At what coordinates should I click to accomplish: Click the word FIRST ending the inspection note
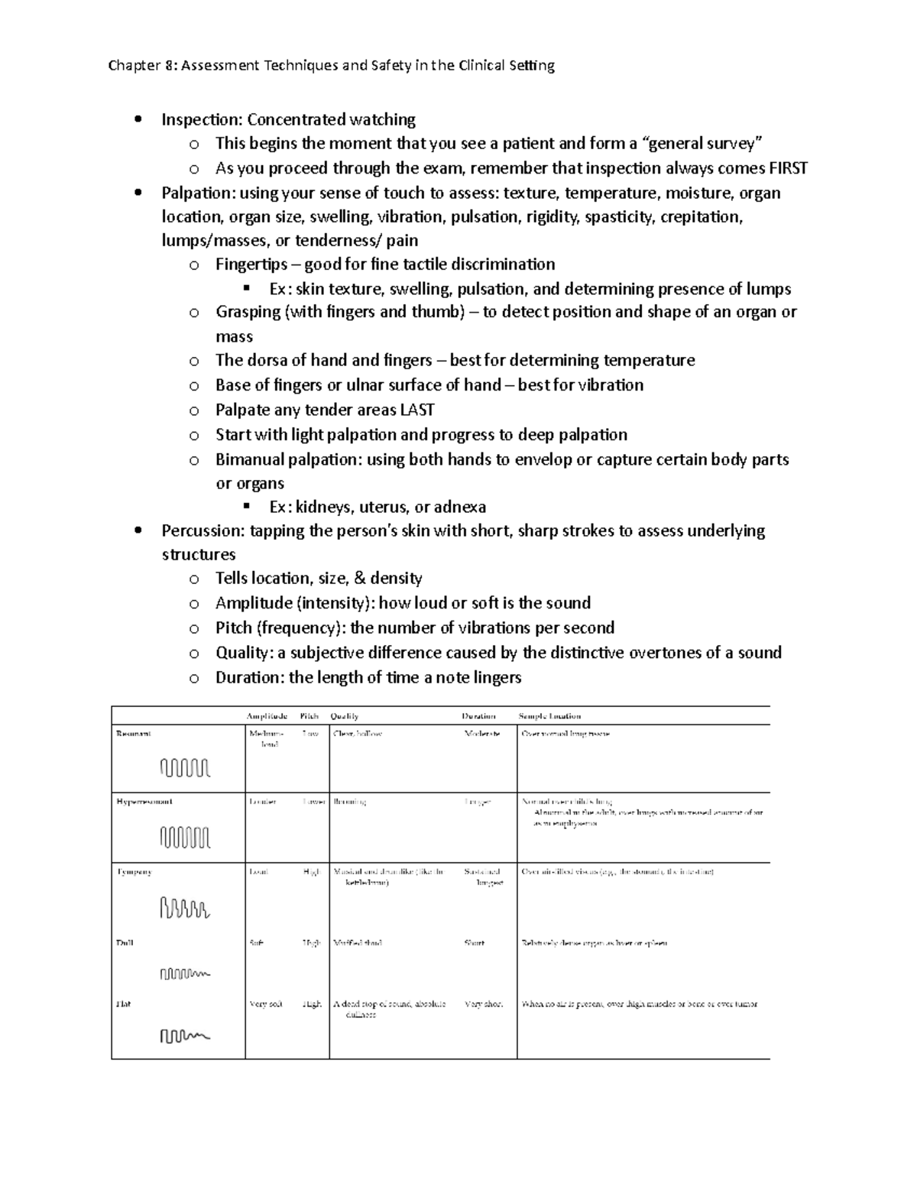[x=788, y=168]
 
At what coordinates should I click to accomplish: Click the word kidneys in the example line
[x=323, y=507]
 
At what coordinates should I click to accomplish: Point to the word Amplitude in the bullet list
[x=254, y=603]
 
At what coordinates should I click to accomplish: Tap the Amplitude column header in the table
[x=267, y=716]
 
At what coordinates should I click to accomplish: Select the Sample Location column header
[x=549, y=716]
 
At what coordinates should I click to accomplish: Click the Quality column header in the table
[x=344, y=716]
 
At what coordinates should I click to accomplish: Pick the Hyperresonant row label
[x=144, y=802]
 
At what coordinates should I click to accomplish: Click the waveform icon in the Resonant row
[x=185, y=767]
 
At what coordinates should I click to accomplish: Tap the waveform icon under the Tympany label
[x=185, y=908]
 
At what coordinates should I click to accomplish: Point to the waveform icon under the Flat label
[x=185, y=1036]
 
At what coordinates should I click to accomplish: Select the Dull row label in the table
[x=125, y=942]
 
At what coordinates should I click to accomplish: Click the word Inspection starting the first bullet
[x=202, y=119]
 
